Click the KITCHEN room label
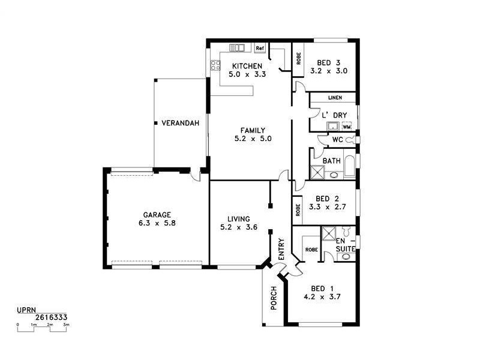click(x=247, y=65)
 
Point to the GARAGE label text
click(x=157, y=214)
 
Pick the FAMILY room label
click(x=253, y=130)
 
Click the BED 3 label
click(x=329, y=62)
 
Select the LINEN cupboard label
click(x=334, y=98)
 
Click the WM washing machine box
click(x=346, y=127)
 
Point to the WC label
click(x=337, y=140)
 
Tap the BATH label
click(x=332, y=161)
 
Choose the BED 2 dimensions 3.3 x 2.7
click(x=328, y=207)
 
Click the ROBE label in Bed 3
click(x=298, y=59)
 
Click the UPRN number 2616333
click(x=50, y=317)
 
